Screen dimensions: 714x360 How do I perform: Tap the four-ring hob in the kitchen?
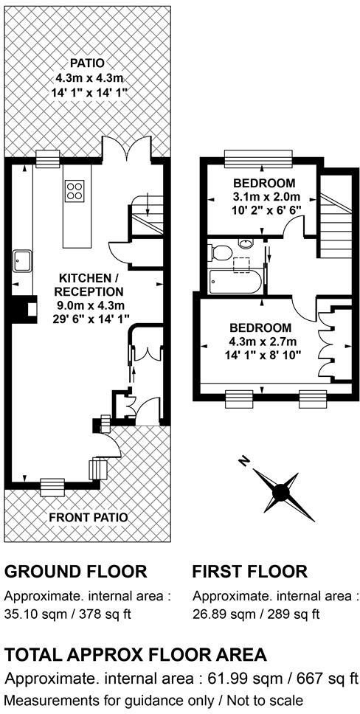tap(75, 191)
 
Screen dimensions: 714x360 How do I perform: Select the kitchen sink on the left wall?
tap(21, 259)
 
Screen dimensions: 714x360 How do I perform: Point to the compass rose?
tap(281, 491)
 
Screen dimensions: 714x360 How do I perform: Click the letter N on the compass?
tap(245, 462)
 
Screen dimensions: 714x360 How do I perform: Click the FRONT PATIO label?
tap(89, 517)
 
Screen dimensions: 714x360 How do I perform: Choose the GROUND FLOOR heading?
tap(76, 571)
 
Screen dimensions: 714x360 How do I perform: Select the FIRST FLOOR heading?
tap(249, 571)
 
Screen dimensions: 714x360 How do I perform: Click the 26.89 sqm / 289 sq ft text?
tap(256, 614)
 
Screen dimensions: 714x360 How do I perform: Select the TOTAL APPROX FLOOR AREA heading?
tap(136, 655)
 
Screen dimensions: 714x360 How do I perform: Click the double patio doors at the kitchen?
tap(132, 153)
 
